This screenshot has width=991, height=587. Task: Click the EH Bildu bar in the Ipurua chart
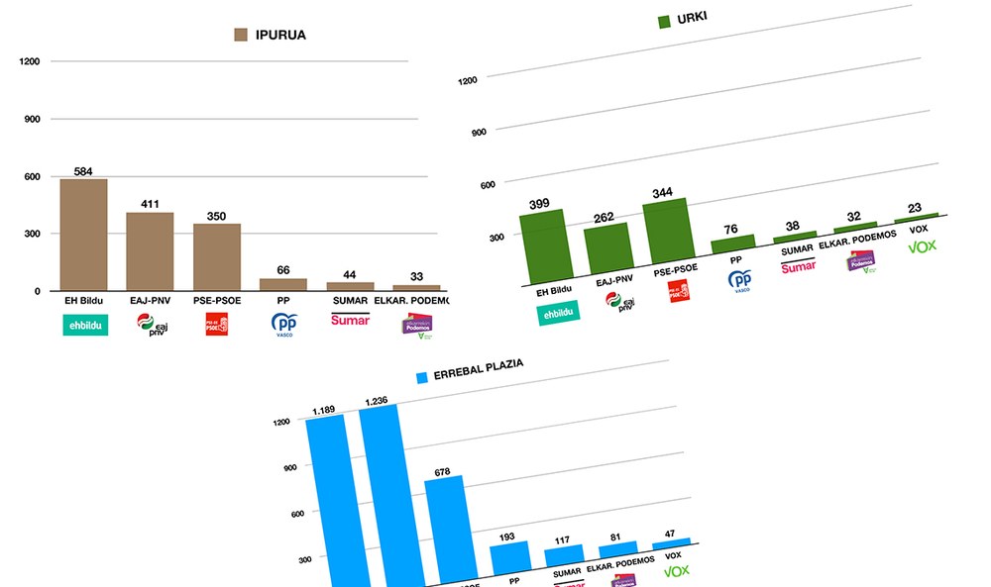click(83, 236)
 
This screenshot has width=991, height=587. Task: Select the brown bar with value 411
click(150, 251)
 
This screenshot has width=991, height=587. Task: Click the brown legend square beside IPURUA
click(240, 35)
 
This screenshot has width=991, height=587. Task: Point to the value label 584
click(83, 171)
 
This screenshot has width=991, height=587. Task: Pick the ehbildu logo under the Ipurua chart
click(85, 324)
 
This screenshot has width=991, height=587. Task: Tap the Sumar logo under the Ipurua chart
click(350, 319)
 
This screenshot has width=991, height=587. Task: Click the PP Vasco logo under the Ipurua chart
click(284, 325)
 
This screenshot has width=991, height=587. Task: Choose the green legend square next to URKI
click(665, 21)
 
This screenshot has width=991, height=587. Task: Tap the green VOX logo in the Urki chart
click(922, 245)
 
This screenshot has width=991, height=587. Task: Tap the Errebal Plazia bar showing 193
click(511, 559)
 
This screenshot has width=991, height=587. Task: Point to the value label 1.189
click(323, 410)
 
